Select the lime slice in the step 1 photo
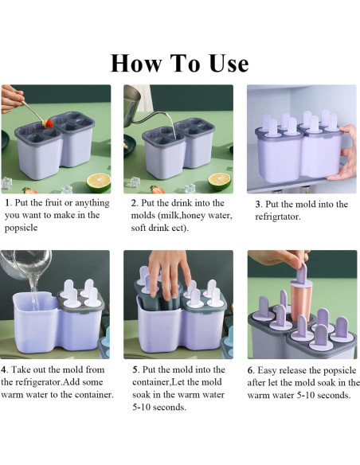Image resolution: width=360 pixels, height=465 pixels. (x=98, y=182)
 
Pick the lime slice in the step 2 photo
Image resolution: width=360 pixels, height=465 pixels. (x=219, y=181)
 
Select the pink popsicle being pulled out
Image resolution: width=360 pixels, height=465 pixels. (x=303, y=298)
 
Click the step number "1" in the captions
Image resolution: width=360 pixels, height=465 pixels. (x=7, y=203)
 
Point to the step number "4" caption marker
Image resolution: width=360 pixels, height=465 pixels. (x=6, y=369)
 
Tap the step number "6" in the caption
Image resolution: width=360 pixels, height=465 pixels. (x=251, y=369)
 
